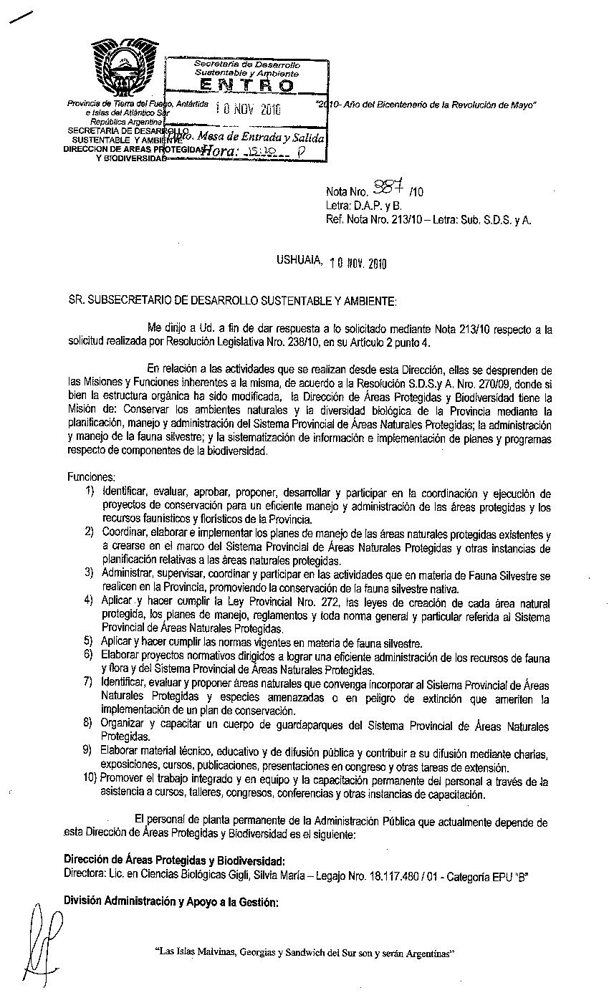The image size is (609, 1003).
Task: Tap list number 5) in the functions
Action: (89, 642)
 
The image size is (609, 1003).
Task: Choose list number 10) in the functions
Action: (90, 779)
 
